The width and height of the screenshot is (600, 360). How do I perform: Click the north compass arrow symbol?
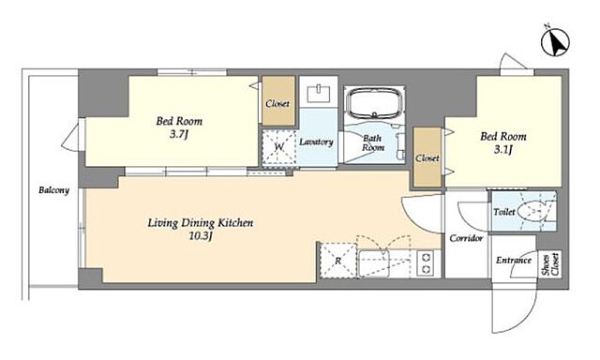coord(555,42)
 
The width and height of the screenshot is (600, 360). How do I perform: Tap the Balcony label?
coord(54,190)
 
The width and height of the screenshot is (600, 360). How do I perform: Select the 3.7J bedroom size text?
coord(179,135)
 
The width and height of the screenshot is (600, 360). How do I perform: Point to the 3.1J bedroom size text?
coord(502,150)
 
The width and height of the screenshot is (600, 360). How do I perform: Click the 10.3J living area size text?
coord(201,236)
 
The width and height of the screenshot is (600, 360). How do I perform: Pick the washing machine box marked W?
coord(279,147)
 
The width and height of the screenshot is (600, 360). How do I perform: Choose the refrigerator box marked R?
coord(338,261)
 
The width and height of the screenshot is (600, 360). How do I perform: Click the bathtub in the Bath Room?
coord(375,102)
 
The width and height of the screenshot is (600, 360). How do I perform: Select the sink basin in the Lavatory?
coord(319,94)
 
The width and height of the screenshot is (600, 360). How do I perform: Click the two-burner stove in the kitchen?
coord(427,262)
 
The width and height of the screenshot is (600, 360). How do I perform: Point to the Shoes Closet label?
coord(550,264)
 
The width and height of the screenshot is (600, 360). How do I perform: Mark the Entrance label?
coord(514,261)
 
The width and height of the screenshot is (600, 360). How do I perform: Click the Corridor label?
coord(466,238)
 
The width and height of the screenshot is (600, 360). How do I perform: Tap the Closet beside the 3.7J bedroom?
coord(278,101)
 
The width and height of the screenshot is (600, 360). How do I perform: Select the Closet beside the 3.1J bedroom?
coord(427,157)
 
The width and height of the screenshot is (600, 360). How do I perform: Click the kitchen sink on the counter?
coord(374,262)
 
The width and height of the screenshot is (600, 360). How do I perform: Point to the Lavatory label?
coord(316,142)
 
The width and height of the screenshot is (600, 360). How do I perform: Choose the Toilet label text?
coord(504,212)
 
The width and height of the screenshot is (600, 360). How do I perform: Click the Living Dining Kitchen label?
coord(201,223)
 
